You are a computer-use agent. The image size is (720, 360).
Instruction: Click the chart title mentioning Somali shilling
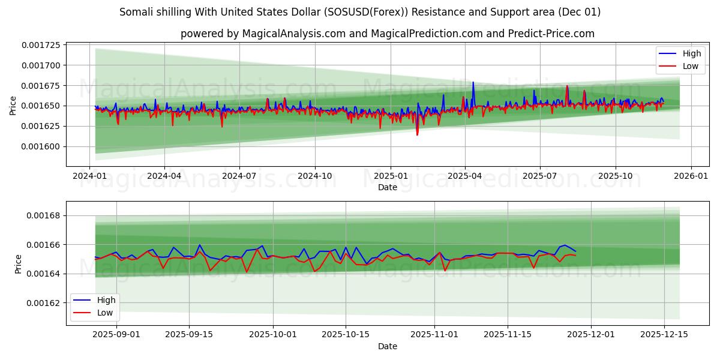[360, 12]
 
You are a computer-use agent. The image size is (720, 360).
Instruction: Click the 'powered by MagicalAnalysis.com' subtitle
[387, 34]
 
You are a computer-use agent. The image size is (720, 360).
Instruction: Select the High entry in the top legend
[691, 53]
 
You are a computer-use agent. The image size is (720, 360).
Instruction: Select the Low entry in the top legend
[690, 66]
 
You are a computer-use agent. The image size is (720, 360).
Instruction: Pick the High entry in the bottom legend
[106, 300]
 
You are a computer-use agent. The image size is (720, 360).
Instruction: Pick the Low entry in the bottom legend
[105, 313]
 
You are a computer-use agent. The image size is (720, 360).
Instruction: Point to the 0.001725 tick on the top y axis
[42, 45]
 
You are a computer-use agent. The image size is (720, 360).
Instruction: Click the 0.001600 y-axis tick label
[42, 146]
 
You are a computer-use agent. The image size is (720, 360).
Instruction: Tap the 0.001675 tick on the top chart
[42, 86]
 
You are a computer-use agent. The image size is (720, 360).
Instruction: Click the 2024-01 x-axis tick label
[89, 176]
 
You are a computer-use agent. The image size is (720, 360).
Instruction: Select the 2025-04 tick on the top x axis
[465, 176]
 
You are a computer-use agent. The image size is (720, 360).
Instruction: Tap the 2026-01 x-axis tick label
[691, 176]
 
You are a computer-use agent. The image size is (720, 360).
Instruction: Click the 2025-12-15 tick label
[664, 335]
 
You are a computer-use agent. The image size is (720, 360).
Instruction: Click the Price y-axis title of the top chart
[13, 106]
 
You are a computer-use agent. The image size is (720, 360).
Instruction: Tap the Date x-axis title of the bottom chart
[387, 346]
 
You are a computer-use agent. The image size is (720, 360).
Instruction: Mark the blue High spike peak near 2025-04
[473, 82]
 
